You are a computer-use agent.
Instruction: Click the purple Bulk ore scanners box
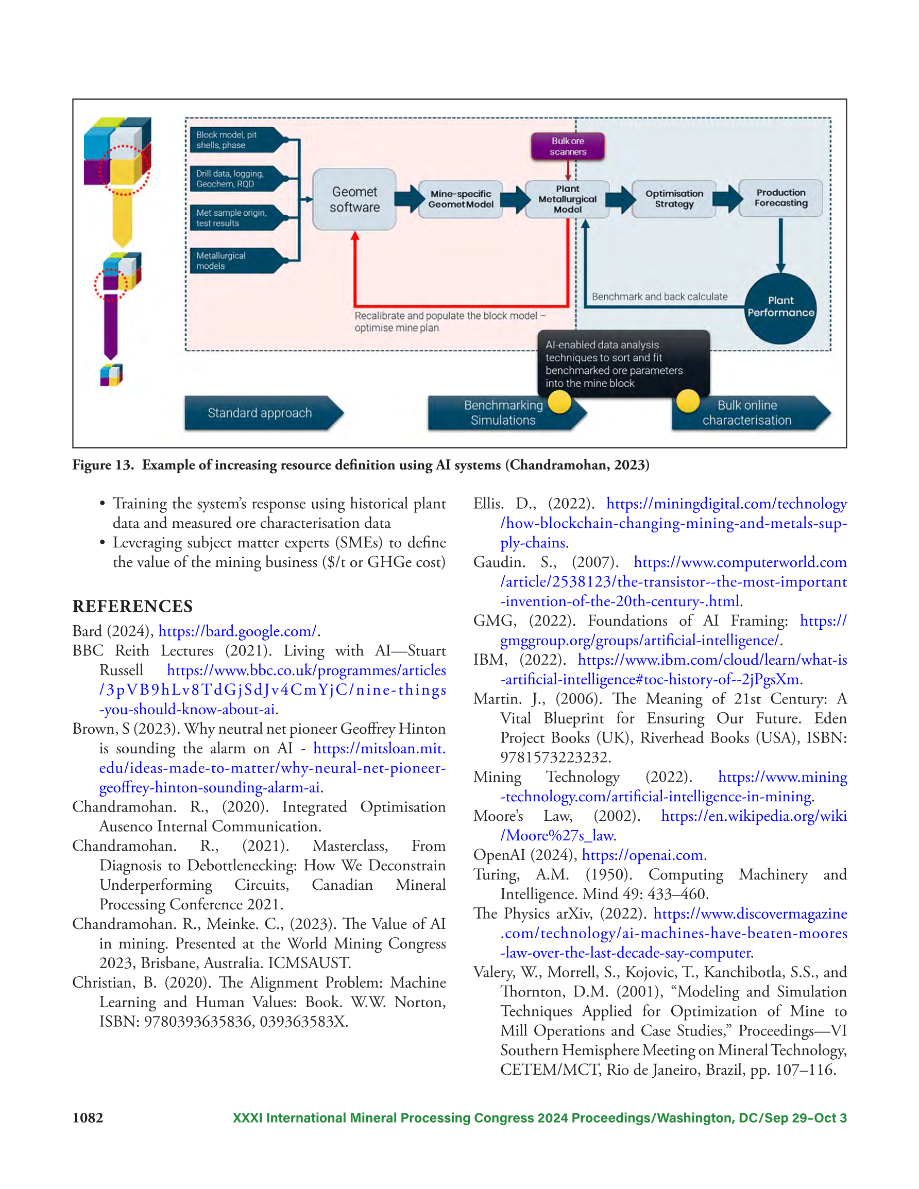tap(568, 146)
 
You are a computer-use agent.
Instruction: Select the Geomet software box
tap(354, 199)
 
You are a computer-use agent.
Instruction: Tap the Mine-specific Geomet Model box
tap(461, 199)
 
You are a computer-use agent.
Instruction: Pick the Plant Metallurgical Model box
tap(568, 199)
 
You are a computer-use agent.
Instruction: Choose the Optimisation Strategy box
tap(674, 199)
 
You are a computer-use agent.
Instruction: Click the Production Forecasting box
tap(780, 198)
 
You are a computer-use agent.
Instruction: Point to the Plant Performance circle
tap(780, 307)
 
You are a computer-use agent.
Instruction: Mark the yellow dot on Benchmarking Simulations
tap(559, 403)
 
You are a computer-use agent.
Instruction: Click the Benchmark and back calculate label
tap(660, 297)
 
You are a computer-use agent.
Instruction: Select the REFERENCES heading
tap(132, 607)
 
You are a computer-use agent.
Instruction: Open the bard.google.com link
tap(237, 631)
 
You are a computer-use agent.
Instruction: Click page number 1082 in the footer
tap(88, 1118)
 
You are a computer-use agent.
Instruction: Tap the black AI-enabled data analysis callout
tap(624, 364)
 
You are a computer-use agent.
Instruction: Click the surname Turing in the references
tap(496, 875)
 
